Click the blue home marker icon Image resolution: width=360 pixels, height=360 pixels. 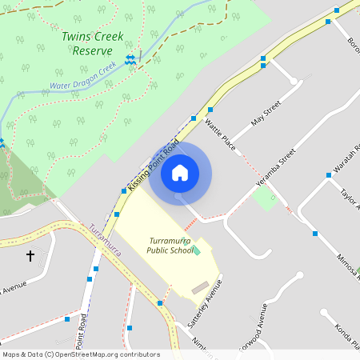click(180, 173)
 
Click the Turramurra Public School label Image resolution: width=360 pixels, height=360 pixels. click(170, 245)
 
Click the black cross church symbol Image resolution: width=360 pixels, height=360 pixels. click(30, 256)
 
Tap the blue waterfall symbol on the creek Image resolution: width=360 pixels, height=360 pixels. click(130, 60)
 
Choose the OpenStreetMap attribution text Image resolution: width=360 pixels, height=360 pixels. click(81, 354)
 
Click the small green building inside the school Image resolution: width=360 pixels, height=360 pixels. click(197, 252)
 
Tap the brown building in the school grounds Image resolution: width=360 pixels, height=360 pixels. click(200, 286)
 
